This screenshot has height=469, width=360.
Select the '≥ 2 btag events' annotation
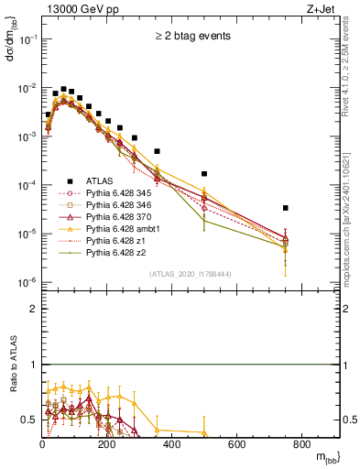[x=191, y=37]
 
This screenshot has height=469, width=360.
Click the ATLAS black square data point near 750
[x=286, y=208]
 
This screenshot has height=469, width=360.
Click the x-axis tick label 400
[x=172, y=445]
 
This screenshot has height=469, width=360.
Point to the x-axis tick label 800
[x=301, y=445]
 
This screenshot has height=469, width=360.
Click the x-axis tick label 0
[x=43, y=445]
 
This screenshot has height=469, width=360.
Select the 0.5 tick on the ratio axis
[x=33, y=420]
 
